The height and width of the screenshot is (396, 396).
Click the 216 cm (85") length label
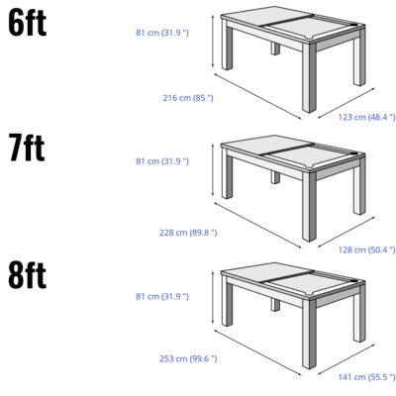coord(188,97)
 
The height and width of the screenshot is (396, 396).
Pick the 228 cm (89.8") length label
coord(188,232)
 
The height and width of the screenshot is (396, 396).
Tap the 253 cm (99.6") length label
coord(188,358)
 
